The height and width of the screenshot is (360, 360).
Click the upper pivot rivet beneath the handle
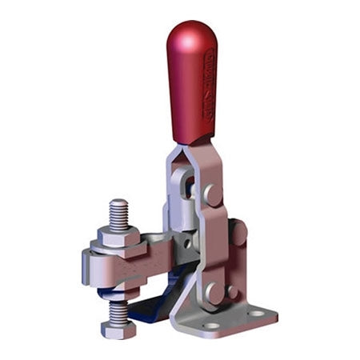point(212,194)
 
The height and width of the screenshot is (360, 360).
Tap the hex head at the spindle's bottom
point(114,328)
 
